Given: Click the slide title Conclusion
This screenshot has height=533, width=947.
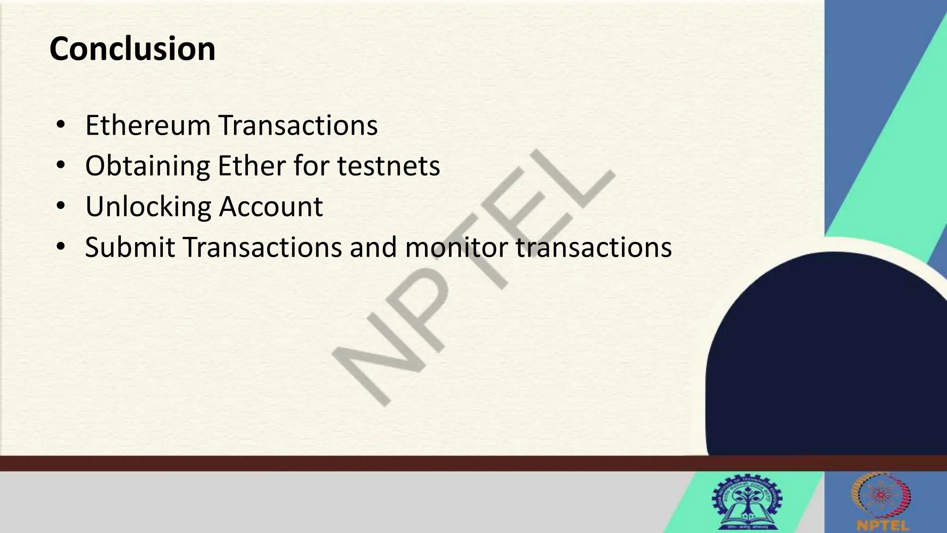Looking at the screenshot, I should coord(132,49).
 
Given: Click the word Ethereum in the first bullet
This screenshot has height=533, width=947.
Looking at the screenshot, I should coord(148,125).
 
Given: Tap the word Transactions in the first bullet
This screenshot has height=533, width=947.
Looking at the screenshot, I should coord(298,125).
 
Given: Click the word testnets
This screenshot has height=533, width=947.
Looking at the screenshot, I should coord(388,166).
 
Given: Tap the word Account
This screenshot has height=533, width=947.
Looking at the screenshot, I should coord(271,207).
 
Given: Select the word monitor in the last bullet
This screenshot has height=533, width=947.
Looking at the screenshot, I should coord(456,247).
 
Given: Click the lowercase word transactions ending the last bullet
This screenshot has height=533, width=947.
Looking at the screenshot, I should coord(594,247).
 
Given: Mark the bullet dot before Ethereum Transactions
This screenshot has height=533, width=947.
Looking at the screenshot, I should coord(60,125).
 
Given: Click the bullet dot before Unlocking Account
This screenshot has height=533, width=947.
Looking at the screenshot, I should coord(60,207).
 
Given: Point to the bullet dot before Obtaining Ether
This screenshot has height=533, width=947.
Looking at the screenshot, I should coord(60,166).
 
